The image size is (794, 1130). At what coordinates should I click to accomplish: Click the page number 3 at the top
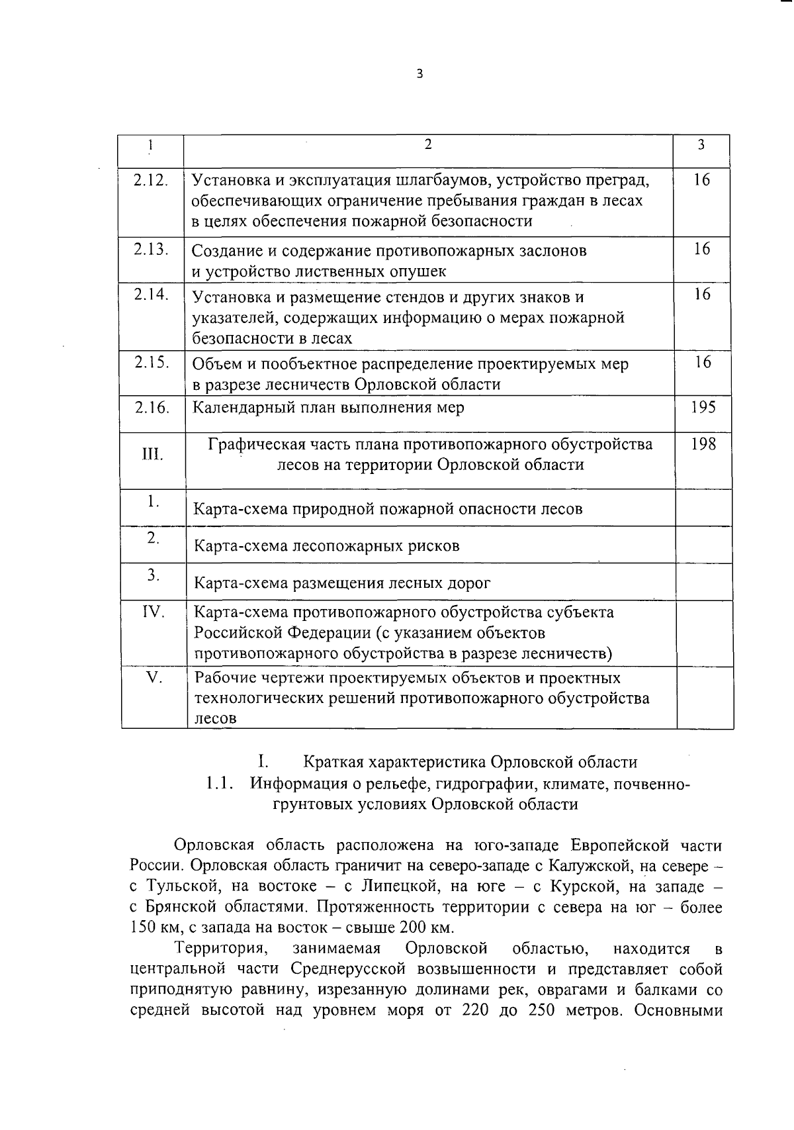tap(419, 74)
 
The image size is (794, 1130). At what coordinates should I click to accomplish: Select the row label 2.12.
tap(151, 180)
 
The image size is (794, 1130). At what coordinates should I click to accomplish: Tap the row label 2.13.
tap(151, 250)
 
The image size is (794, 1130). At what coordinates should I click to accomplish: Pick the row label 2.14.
tap(151, 295)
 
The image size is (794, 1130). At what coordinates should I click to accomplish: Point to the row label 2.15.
tap(152, 363)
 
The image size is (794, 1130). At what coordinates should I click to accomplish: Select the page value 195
tap(703, 407)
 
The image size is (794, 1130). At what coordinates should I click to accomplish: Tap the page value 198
tap(703, 444)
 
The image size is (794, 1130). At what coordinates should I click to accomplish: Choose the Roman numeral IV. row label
tap(154, 612)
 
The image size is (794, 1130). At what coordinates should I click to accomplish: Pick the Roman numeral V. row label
tap(154, 678)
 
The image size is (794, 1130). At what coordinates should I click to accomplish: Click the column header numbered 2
tap(428, 145)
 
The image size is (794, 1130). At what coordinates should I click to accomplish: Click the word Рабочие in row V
tap(222, 678)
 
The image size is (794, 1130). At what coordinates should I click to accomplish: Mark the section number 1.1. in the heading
tap(220, 784)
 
